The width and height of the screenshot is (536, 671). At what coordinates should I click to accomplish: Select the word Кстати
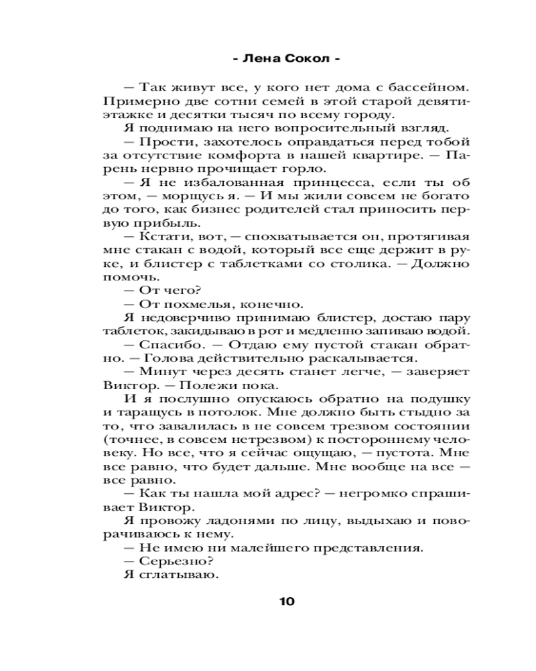161,238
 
